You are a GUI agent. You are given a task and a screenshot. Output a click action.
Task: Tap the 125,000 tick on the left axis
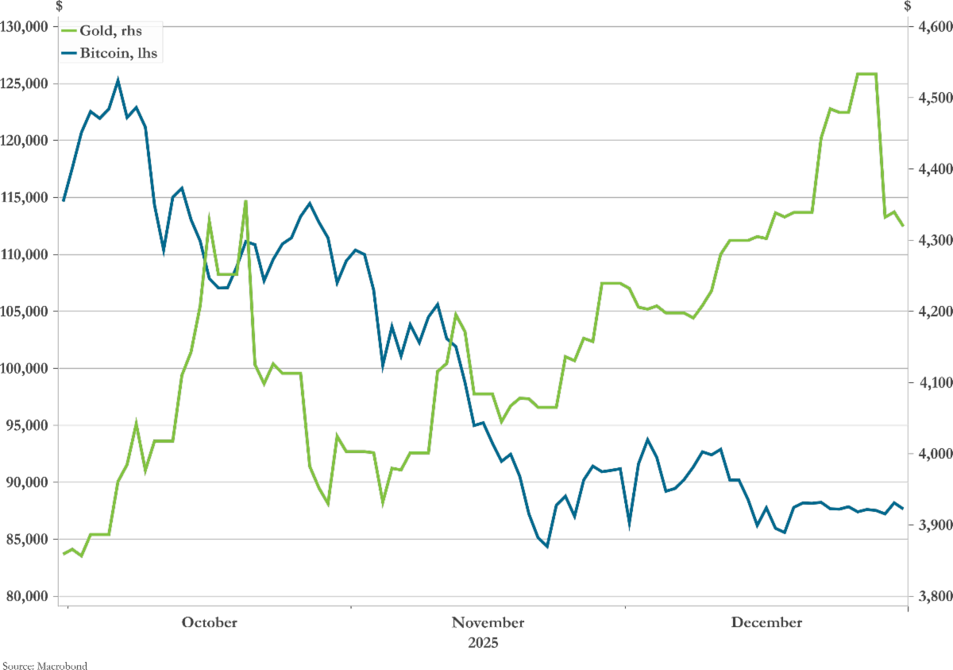click(25, 84)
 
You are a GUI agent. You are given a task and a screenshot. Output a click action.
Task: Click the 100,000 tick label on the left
click(25, 369)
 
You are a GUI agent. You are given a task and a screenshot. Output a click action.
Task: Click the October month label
click(209, 622)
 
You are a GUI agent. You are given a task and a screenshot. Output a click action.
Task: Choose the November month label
click(488, 622)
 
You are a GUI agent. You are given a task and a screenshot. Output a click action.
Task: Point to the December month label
click(766, 622)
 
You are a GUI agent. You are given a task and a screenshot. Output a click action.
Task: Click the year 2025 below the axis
click(483, 641)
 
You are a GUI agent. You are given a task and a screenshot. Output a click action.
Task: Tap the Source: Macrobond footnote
click(44, 664)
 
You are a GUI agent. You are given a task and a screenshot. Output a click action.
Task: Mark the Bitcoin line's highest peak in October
click(118, 79)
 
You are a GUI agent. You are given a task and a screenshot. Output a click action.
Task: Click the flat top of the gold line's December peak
click(866, 74)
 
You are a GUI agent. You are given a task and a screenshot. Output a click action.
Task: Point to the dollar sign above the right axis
click(909, 6)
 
